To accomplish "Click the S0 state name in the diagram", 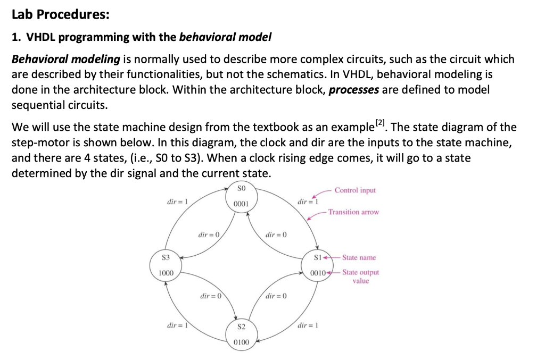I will [x=241, y=188].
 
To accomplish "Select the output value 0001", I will [x=241, y=204].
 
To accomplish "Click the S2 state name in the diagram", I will [x=241, y=326].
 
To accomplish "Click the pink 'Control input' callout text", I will [x=356, y=190].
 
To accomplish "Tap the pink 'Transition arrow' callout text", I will [x=353, y=212].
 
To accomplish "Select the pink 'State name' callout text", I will [x=359, y=257].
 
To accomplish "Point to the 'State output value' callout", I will [x=360, y=277].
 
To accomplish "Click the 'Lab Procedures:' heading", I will [x=60, y=15].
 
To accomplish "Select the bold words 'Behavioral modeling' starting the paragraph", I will [x=66, y=60].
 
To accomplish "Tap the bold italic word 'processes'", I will [x=354, y=89].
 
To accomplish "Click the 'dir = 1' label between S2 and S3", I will [x=177, y=325].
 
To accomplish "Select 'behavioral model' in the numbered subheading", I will [x=225, y=37].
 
